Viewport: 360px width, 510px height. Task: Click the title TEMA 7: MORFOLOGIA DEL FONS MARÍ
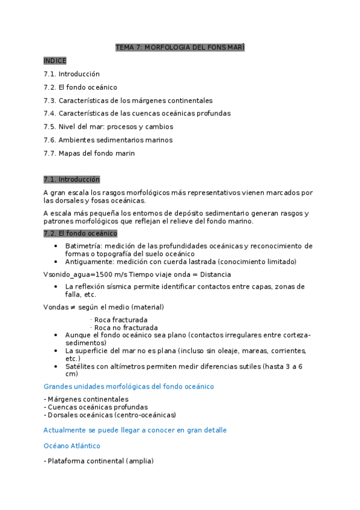click(x=180, y=48)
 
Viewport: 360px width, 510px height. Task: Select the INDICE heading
click(x=55, y=61)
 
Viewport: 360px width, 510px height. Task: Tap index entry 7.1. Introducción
click(x=72, y=74)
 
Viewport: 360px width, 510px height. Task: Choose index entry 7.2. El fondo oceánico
click(x=80, y=87)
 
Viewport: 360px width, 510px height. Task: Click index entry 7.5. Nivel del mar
click(x=108, y=127)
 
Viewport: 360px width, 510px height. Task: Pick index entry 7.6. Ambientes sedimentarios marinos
click(x=108, y=140)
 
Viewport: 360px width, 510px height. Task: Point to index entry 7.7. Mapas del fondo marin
click(x=89, y=153)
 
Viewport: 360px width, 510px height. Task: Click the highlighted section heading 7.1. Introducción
click(x=72, y=179)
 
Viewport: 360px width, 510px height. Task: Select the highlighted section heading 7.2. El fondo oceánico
click(x=80, y=233)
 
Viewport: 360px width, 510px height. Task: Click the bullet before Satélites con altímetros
click(x=55, y=366)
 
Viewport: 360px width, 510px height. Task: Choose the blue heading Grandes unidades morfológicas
click(x=129, y=386)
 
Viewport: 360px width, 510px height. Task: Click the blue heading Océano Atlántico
click(x=72, y=446)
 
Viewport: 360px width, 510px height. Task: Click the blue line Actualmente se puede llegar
click(x=135, y=430)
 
